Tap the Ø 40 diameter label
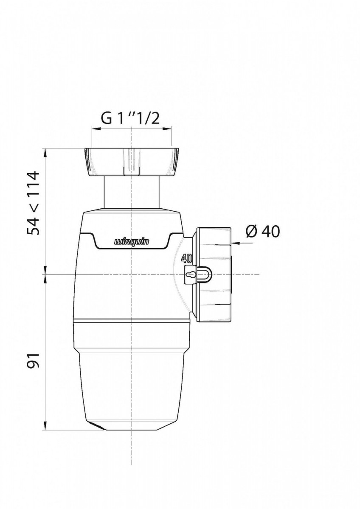(x=263, y=231)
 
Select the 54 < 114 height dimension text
(x=33, y=203)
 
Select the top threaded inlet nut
(x=132, y=162)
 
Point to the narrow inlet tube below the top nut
(x=132, y=192)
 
